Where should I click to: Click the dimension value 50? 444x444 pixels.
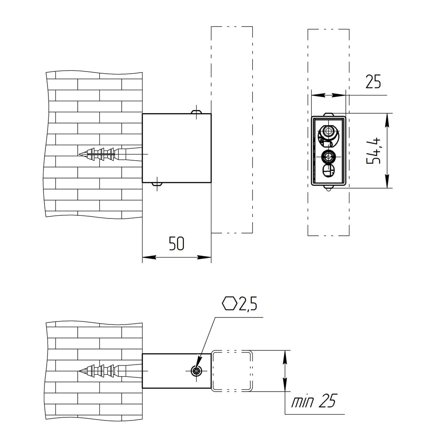coord(176,243)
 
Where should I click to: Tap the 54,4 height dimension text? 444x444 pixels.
coord(373,151)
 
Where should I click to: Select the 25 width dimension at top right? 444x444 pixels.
coord(373,82)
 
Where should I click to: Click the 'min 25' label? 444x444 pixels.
coord(313,401)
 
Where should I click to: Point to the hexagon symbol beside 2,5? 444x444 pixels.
coord(230,304)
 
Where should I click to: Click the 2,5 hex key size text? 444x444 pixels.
coord(248,304)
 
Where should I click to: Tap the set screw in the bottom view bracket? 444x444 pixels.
coord(196,371)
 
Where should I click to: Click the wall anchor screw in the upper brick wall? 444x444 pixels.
coord(111,154)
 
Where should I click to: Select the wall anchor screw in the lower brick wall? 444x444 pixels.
coord(111,371)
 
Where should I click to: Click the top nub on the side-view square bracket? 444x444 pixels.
coord(196,111)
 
